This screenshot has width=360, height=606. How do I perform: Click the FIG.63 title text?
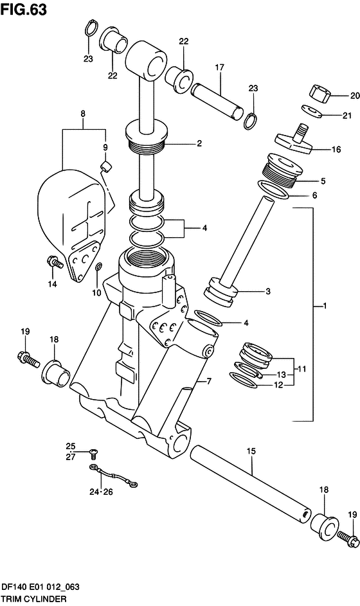[24, 10]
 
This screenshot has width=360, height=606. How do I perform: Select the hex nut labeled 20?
[320, 94]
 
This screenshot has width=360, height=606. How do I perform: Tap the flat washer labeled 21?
[312, 111]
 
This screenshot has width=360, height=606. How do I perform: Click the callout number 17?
[219, 67]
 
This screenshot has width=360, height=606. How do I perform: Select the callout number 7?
[209, 382]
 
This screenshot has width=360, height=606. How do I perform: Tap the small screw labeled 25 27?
[94, 450]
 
